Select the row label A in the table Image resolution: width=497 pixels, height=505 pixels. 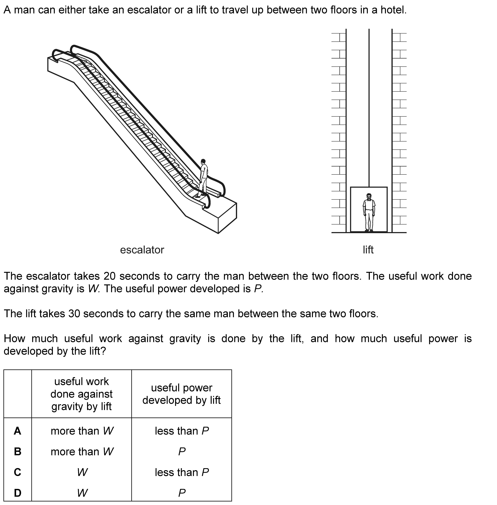click(x=18, y=431)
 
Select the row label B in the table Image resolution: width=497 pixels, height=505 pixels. click(x=18, y=451)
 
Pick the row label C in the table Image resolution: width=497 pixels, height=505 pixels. click(x=18, y=472)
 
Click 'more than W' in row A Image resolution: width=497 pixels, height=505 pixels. click(x=82, y=431)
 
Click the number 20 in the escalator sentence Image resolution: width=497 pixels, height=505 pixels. click(x=109, y=276)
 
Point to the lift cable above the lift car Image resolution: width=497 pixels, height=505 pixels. click(x=369, y=105)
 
